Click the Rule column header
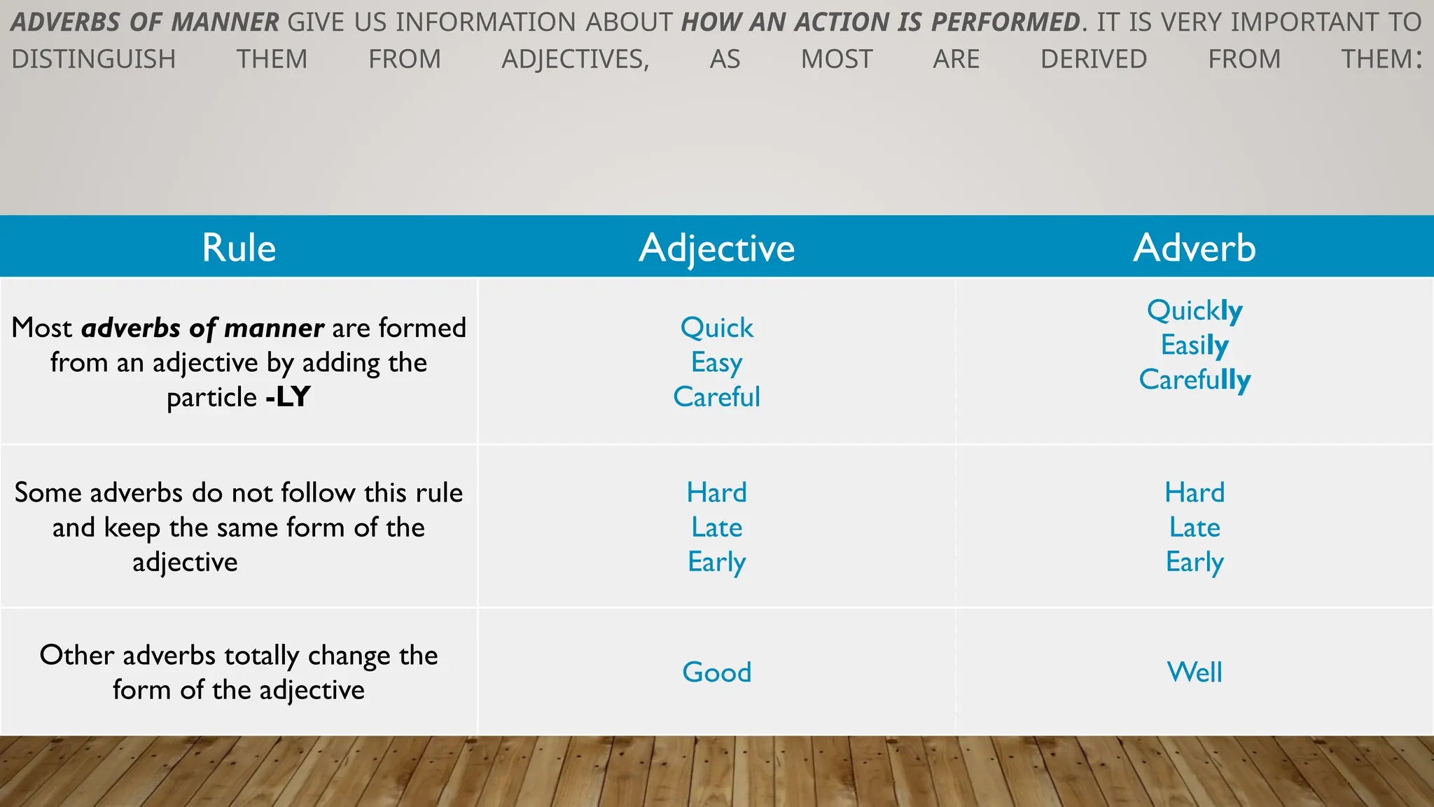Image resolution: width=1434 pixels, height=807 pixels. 239,248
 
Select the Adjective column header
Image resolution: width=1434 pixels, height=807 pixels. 716,248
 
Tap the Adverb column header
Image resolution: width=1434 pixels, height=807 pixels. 1195,248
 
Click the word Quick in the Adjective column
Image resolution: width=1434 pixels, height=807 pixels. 716,328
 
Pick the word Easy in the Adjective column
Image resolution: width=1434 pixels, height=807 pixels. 716,363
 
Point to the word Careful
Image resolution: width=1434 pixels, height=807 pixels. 716,397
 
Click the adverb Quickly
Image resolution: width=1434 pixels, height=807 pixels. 1195,310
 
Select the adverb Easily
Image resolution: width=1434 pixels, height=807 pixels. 1195,345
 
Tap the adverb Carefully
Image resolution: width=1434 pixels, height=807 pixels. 1195,380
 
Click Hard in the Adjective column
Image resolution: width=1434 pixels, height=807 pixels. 716,492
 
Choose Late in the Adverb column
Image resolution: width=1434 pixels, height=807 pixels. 1195,527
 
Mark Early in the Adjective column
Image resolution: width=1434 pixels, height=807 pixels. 716,562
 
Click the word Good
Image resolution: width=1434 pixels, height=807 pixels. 716,672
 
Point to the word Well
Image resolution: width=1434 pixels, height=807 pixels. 1195,672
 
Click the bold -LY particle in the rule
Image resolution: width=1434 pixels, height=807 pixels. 288,397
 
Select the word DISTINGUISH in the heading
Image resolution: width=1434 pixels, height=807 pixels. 94,60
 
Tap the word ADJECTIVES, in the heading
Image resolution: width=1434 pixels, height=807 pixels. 576,60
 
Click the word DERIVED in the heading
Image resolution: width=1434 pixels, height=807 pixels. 1094,60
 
